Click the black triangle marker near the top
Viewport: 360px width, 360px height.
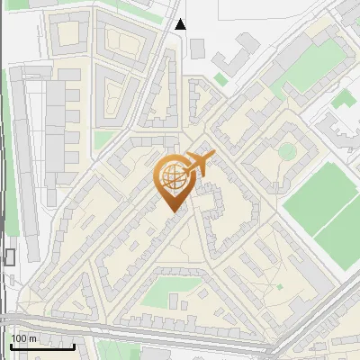tap(181, 24)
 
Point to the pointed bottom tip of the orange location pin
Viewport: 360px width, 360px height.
tap(173, 211)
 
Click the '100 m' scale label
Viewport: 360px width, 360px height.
tap(23, 338)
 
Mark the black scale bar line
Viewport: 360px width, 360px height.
tap(42, 346)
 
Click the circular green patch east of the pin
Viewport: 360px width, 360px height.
tap(287, 150)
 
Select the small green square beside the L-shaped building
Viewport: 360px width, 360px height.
tap(220, 80)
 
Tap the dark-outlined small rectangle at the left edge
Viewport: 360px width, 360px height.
tap(10, 257)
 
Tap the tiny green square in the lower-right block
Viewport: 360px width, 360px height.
tap(280, 286)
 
